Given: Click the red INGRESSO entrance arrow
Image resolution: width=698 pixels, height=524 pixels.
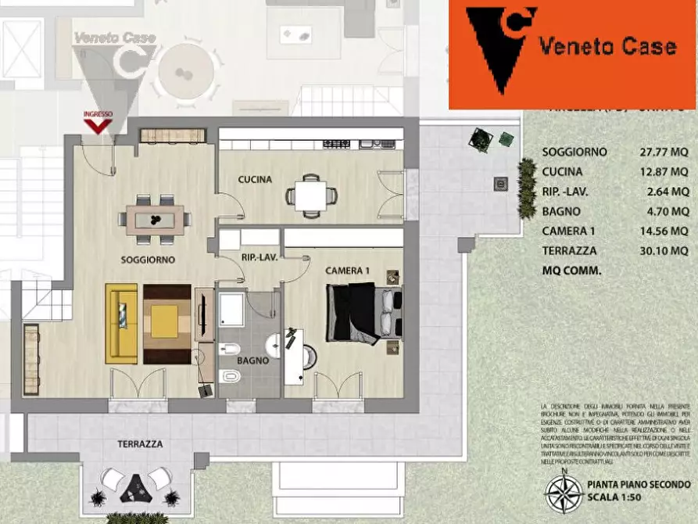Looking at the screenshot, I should (98, 125).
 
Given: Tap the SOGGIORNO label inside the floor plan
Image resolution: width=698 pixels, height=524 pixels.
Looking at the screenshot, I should (148, 259).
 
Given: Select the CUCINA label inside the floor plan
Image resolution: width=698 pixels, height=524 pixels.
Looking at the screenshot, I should (255, 180).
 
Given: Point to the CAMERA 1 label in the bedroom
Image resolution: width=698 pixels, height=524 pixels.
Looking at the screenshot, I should (347, 271).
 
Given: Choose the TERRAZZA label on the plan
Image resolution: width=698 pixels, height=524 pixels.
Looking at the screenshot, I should (140, 443).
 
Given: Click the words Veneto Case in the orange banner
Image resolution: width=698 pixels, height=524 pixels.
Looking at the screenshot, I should (607, 46).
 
